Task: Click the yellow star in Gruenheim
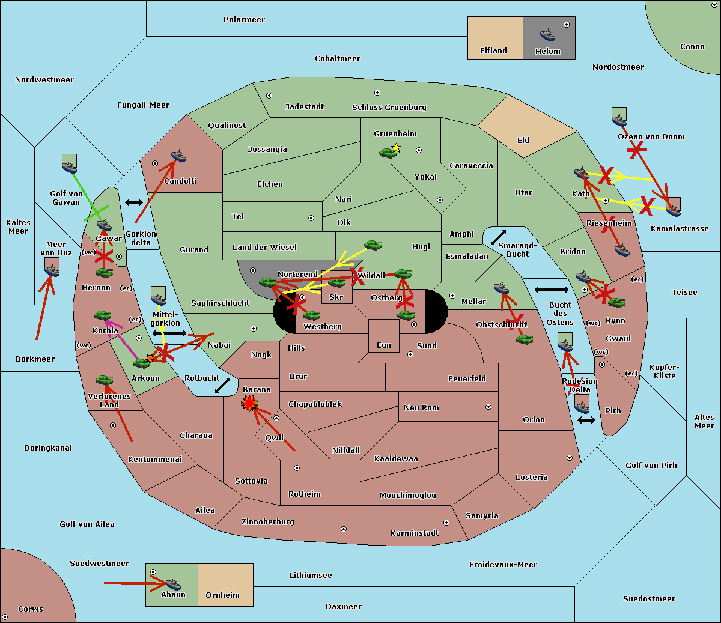click(397, 148)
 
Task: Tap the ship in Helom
click(547, 35)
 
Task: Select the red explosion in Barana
click(249, 403)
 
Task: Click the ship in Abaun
click(174, 584)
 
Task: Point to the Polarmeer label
click(244, 20)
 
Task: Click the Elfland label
click(493, 51)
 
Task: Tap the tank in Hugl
click(373, 245)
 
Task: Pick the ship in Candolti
click(178, 156)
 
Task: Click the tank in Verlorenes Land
click(105, 380)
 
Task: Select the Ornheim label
click(222, 595)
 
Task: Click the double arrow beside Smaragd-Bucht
click(498, 237)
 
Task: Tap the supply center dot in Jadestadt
click(269, 96)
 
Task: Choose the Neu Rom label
click(421, 407)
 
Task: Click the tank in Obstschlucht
click(525, 339)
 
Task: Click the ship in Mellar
click(501, 288)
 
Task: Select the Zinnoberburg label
click(268, 521)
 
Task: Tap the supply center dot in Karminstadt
click(446, 523)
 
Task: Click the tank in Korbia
click(103, 315)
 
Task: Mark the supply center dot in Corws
click(5, 617)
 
